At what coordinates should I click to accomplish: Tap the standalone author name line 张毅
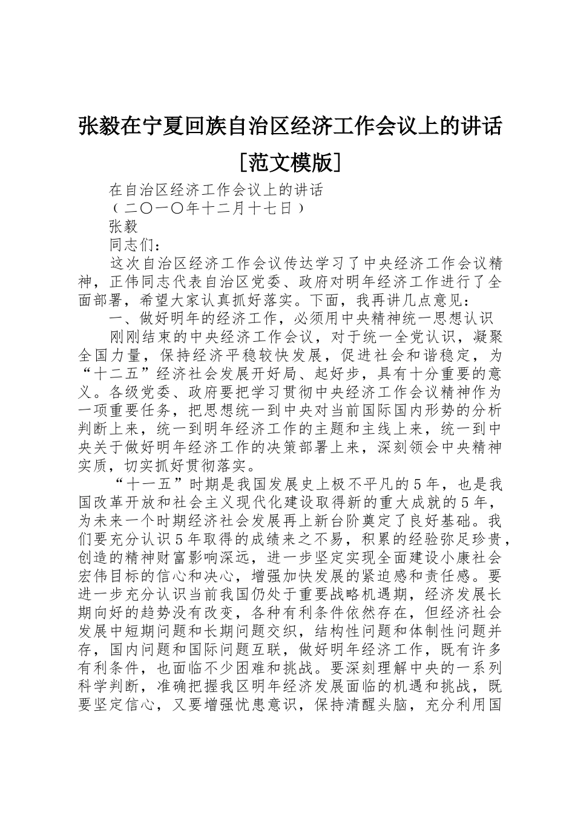[123, 227]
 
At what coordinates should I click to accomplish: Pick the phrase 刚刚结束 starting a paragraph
[140, 336]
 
